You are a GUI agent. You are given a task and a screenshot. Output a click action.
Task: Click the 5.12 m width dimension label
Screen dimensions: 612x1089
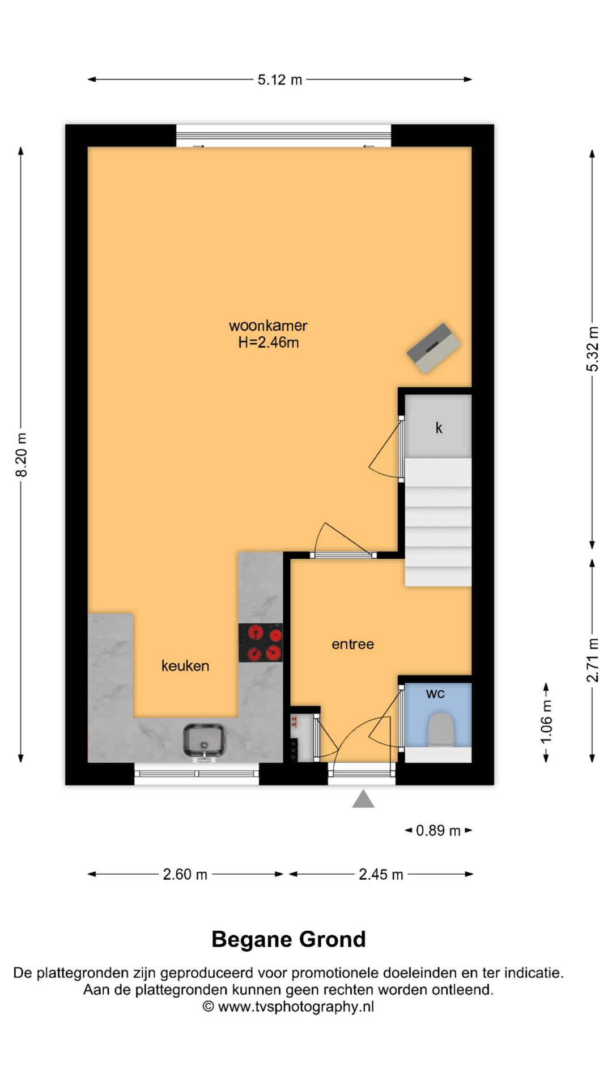pyautogui.click(x=280, y=80)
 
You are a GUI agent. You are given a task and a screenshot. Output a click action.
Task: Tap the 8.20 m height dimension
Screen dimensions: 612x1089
pyautogui.click(x=21, y=455)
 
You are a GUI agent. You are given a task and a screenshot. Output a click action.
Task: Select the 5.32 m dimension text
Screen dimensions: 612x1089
pyautogui.click(x=592, y=349)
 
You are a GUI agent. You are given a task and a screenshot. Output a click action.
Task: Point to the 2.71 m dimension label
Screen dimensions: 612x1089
pyautogui.click(x=592, y=660)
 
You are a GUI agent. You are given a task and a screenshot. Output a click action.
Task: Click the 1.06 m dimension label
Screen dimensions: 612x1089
pyautogui.click(x=546, y=722)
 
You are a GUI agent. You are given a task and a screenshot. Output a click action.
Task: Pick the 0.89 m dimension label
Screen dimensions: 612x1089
pyautogui.click(x=438, y=831)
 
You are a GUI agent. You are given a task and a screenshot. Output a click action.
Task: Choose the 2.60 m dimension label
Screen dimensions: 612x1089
pyautogui.click(x=185, y=875)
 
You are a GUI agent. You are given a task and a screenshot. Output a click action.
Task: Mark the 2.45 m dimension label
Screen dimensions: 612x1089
pyautogui.click(x=381, y=875)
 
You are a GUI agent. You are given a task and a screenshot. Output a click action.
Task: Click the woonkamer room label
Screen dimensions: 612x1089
pyautogui.click(x=268, y=326)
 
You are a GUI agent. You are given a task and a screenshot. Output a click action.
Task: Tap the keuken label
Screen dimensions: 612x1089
pyautogui.click(x=185, y=666)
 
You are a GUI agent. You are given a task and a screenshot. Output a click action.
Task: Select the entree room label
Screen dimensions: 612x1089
pyautogui.click(x=352, y=644)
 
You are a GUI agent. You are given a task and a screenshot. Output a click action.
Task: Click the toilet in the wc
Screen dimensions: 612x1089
pyautogui.click(x=440, y=730)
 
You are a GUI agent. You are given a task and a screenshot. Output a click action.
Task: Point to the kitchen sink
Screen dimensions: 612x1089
pyautogui.click(x=204, y=741)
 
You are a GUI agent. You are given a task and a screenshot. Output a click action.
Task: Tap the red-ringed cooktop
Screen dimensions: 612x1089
pyautogui.click(x=261, y=643)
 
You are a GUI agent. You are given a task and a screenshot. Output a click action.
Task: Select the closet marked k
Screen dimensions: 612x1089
pyautogui.click(x=438, y=427)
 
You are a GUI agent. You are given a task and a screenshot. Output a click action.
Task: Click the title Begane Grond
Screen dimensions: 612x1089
pyautogui.click(x=288, y=940)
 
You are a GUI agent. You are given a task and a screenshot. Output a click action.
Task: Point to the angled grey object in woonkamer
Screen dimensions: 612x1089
pyautogui.click(x=433, y=348)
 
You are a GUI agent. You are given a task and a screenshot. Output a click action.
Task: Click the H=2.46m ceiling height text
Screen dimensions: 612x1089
pyautogui.click(x=268, y=343)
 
